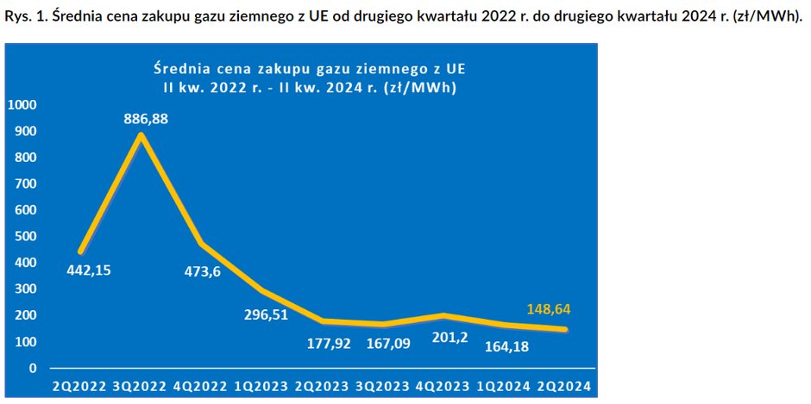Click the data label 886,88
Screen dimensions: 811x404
[147, 120]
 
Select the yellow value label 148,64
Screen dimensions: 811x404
[549, 310]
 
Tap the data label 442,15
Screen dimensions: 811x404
[89, 270]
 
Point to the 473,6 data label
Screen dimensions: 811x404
[203, 271]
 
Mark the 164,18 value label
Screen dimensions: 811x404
[507, 346]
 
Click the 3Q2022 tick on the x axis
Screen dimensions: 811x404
[139, 386]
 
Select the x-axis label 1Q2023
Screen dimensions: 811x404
[261, 386]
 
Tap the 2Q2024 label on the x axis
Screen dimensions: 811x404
[563, 386]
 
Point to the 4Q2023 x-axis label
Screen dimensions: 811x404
[443, 386]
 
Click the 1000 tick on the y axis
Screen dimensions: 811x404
[22, 105]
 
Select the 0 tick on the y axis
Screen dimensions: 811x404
[34, 369]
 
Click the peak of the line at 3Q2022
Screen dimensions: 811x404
[140, 135]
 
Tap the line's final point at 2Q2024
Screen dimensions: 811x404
[565, 330]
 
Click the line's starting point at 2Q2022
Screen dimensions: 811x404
[79, 252]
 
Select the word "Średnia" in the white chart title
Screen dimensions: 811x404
[179, 69]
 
